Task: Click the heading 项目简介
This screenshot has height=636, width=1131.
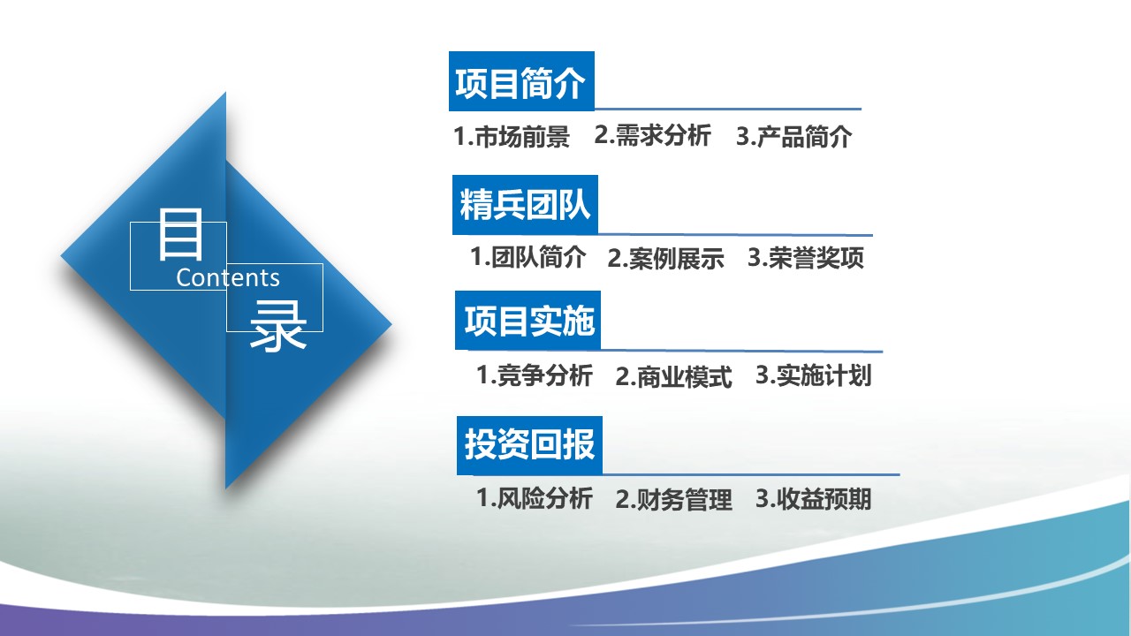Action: click(x=520, y=84)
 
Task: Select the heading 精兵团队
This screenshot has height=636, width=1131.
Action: click(x=525, y=207)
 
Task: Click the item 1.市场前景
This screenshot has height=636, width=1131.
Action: click(x=512, y=137)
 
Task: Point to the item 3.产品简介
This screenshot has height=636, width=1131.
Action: click(x=793, y=137)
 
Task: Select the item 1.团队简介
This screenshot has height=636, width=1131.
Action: click(x=528, y=258)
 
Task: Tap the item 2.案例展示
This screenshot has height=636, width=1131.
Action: click(x=665, y=259)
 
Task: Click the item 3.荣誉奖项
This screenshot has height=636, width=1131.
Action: click(x=806, y=258)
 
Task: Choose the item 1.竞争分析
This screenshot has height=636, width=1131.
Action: click(x=535, y=375)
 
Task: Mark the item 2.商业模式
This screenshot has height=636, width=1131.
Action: click(x=673, y=377)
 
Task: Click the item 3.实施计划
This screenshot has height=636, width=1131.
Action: click(x=813, y=375)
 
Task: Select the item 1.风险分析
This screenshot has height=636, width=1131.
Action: click(x=535, y=498)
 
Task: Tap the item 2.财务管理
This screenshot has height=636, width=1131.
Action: click(x=673, y=500)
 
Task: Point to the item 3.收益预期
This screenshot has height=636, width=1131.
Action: click(x=813, y=499)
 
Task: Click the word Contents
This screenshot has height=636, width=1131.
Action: click(x=228, y=277)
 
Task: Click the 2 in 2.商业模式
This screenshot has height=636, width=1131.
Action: click(x=622, y=377)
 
